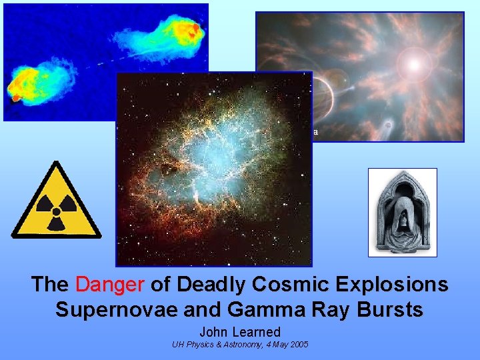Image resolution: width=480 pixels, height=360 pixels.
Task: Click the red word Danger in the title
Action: (x=110, y=285)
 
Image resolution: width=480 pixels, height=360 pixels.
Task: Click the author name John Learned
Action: (x=240, y=331)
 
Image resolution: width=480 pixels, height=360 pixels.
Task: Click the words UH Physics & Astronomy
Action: (x=213, y=344)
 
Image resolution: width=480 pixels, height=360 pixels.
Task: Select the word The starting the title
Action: (x=49, y=285)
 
